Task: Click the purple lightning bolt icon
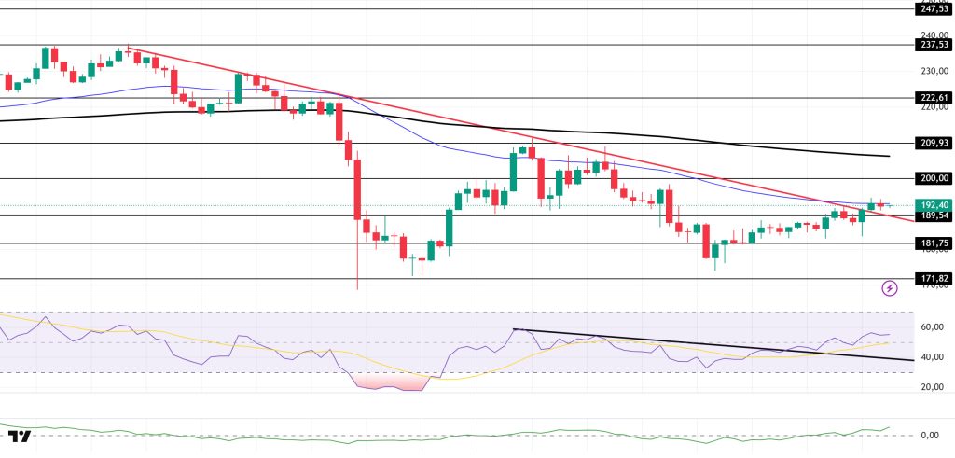click(x=890, y=288)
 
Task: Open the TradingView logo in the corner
click(x=20, y=436)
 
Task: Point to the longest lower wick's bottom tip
click(x=357, y=289)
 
